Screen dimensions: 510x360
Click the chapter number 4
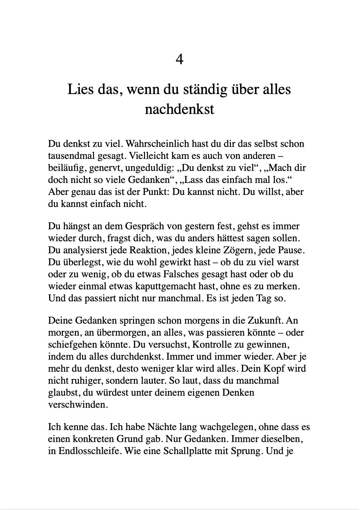179,60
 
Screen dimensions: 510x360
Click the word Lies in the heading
80,90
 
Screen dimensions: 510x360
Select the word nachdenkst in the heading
180,109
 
